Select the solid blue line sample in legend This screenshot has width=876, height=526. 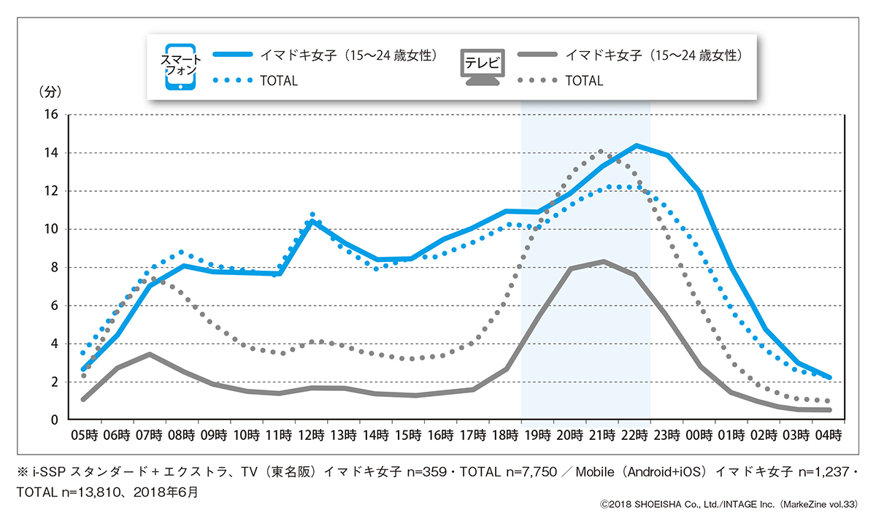pyautogui.click(x=231, y=55)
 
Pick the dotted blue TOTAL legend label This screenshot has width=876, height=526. pyautogui.click(x=278, y=81)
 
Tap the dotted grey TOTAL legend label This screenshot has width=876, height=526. pyautogui.click(x=584, y=81)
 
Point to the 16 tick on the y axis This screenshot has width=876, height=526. pyautogui.click(x=51, y=115)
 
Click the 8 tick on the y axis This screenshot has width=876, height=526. pyautogui.click(x=54, y=267)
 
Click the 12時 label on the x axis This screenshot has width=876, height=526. pyautogui.click(x=311, y=436)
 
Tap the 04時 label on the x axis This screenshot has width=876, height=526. pyautogui.click(x=829, y=436)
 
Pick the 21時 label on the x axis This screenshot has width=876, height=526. pyautogui.click(x=602, y=436)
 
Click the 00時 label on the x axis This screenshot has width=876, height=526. pyautogui.click(x=699, y=436)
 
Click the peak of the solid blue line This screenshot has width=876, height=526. pyautogui.click(x=637, y=145)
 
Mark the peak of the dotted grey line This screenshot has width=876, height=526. pyautogui.click(x=601, y=151)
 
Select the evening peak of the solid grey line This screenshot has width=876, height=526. pyautogui.click(x=604, y=261)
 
